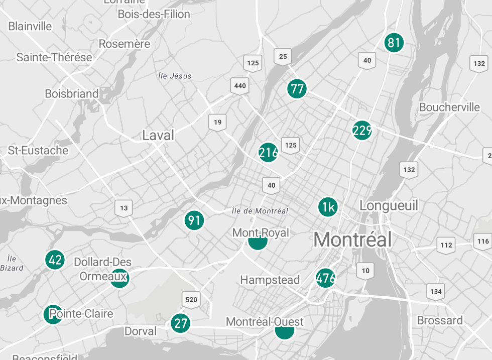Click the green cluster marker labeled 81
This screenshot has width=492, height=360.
[x=394, y=43]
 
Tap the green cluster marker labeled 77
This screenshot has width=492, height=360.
[x=297, y=89]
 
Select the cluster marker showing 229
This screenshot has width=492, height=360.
[x=362, y=131]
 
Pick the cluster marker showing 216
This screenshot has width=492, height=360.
[x=268, y=152]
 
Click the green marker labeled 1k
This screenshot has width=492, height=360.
[x=328, y=207]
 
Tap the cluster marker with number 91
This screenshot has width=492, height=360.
[x=194, y=220]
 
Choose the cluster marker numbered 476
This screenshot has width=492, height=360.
[x=325, y=278]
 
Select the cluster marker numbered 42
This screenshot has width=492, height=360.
[x=55, y=260]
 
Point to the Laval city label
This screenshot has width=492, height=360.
[x=158, y=135]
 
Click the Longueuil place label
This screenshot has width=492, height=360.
[x=389, y=205]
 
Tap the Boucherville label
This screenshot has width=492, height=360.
[x=449, y=107]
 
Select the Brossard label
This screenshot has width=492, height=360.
[x=440, y=320]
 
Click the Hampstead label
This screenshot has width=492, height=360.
[x=270, y=280]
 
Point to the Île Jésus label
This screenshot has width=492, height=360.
[x=174, y=76]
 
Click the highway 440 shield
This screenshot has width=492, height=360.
[x=240, y=86]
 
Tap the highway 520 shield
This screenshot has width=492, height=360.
[x=191, y=300]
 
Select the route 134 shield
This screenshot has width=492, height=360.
[x=436, y=291]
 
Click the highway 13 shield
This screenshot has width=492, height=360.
[x=124, y=208]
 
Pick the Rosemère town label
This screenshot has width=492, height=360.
[x=124, y=44]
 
